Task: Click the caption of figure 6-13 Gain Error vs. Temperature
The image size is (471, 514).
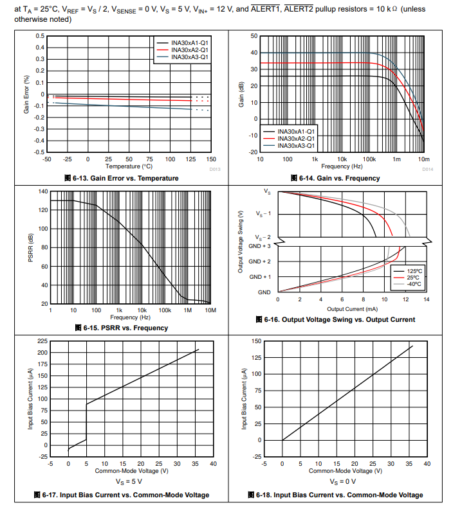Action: click(121, 178)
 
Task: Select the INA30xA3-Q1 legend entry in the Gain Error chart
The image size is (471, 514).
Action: click(190, 57)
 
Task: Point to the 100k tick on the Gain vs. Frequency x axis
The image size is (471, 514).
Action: click(369, 159)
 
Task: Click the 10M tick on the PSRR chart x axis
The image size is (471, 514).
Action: click(210, 310)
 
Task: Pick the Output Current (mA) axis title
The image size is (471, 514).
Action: click(353, 309)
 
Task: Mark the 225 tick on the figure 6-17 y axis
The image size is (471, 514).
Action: click(42, 341)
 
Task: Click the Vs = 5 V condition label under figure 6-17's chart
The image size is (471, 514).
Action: click(129, 481)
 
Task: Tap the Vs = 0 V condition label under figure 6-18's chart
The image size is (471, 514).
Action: click(342, 481)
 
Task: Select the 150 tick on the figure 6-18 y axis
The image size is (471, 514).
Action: click(256, 341)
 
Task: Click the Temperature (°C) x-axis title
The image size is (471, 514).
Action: click(129, 166)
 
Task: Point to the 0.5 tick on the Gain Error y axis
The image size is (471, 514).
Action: click(40, 36)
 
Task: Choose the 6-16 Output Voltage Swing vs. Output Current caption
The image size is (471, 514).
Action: click(335, 320)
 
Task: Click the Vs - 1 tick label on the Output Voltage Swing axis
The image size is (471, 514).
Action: click(263, 213)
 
